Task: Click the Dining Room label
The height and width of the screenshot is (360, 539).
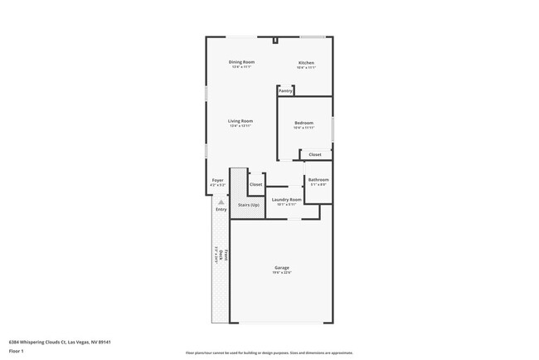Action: tap(241, 62)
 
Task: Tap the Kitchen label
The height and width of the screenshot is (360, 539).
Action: tap(306, 62)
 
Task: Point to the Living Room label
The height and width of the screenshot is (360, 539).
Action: tap(240, 121)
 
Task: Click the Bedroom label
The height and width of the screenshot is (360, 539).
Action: tap(303, 123)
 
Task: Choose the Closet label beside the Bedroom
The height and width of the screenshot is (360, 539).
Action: tap(315, 154)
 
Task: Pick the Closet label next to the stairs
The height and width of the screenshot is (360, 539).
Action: tap(255, 184)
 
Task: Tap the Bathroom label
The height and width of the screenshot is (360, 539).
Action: tap(318, 179)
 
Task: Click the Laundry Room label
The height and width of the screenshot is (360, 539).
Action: tap(286, 199)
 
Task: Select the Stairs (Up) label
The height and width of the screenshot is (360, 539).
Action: tap(249, 204)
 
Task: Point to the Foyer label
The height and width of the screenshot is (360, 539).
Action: tap(217, 179)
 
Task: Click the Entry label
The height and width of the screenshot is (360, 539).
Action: tap(221, 209)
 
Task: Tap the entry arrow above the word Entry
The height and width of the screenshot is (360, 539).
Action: tap(221, 202)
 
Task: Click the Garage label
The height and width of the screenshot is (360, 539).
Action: tap(282, 267)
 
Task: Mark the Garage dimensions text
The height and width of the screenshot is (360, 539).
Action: tap(282, 272)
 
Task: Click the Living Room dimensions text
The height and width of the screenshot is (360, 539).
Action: tap(240, 126)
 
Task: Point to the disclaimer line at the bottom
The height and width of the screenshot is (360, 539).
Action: tap(269, 353)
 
